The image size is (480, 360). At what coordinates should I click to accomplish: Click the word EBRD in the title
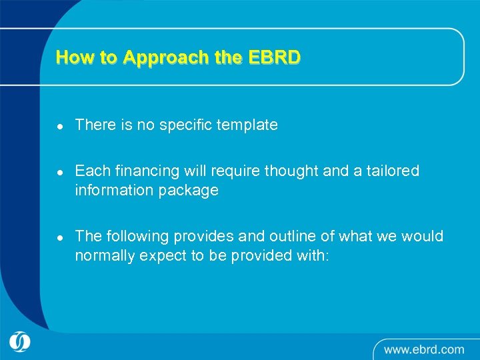coord(275,57)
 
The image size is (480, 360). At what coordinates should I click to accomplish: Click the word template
coord(248,125)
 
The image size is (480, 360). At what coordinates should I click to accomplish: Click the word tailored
coord(393,171)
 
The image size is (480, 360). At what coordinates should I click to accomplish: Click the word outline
coord(306,237)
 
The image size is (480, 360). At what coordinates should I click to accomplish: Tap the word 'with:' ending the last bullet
coord(313,255)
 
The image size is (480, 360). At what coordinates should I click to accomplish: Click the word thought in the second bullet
coord(291,171)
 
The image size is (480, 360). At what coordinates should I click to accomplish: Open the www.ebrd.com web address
coord(423,349)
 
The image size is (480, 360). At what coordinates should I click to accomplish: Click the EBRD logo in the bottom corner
coord(20,341)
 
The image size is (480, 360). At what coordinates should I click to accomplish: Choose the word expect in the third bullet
coord(160,256)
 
